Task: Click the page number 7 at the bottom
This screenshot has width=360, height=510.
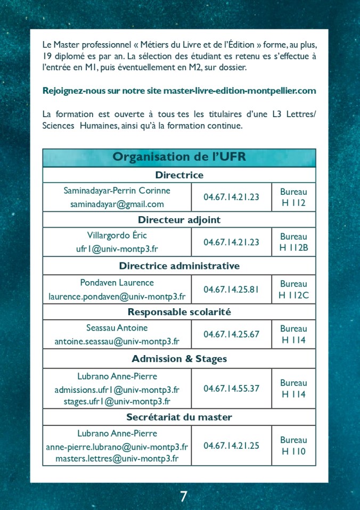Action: [183, 497]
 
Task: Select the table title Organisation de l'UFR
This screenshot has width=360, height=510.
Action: [179, 157]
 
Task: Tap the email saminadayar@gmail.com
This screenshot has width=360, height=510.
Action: [117, 204]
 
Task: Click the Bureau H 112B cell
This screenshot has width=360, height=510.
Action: [293, 242]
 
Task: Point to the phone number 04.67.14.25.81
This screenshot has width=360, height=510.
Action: [231, 290]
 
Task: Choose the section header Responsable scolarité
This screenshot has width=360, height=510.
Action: [179, 312]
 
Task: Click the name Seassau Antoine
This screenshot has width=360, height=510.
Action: [117, 328]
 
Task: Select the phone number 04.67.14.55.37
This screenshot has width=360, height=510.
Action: [231, 388]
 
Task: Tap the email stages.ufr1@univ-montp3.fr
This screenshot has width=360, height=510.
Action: [117, 401]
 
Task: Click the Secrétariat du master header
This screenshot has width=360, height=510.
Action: [179, 417]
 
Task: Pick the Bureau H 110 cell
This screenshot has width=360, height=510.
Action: [293, 446]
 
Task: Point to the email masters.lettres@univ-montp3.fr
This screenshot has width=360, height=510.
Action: [117, 458]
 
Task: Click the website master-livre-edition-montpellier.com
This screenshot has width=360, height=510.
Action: [240, 91]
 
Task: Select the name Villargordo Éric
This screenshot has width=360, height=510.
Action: [117, 235]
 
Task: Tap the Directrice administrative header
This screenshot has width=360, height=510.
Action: [179, 266]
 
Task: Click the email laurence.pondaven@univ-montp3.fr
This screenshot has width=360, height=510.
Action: [117, 297]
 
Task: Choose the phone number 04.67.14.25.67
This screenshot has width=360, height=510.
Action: [231, 334]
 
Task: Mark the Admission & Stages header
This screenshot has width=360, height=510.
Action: [179, 359]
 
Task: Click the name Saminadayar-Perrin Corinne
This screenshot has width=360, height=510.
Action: [117, 191]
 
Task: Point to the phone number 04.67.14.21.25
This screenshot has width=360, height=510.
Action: [231, 445]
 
